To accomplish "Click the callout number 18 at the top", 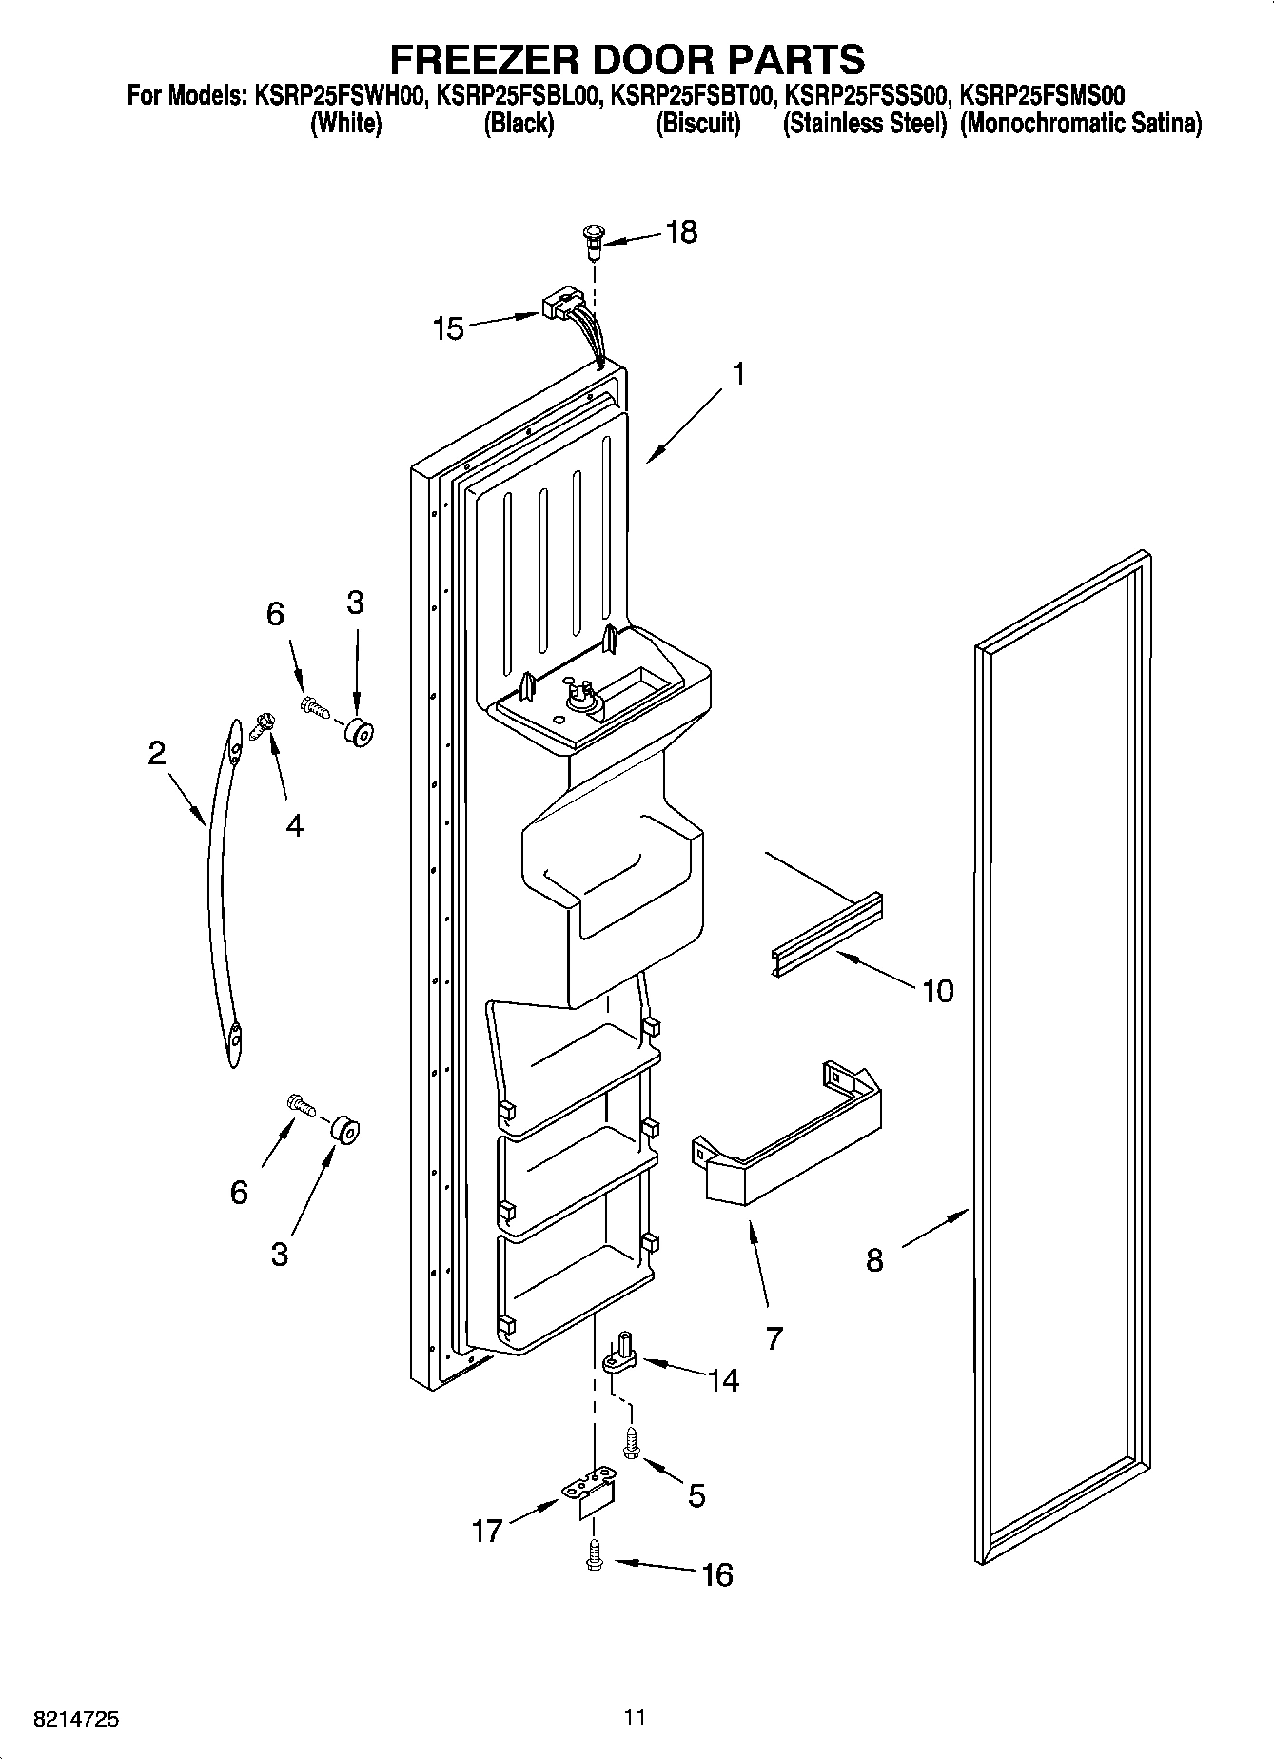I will [681, 231].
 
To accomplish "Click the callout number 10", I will [937, 991].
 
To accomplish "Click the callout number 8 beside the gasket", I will [873, 1260].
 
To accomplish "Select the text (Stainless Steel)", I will [864, 124].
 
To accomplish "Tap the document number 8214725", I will [76, 1719].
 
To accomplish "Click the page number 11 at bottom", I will [635, 1716].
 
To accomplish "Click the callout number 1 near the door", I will [737, 374].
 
